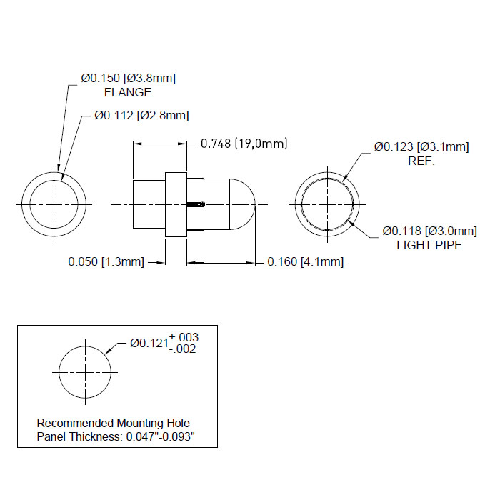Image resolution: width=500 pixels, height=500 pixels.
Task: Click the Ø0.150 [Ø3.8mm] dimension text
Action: point(128,78)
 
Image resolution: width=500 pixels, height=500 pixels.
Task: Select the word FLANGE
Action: point(128,92)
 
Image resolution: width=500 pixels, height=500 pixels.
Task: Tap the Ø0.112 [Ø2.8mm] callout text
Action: point(141,115)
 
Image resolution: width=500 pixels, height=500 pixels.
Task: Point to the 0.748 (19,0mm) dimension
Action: point(244,144)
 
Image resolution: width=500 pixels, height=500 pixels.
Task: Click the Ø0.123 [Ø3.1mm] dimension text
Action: point(421,146)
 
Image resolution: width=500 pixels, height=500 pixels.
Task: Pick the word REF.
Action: point(421,161)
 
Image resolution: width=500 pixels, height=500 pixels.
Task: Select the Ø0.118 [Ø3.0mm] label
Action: point(429,231)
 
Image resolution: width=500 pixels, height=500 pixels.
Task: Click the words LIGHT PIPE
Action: point(429,245)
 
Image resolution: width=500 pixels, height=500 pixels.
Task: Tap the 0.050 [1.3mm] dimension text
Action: point(106,262)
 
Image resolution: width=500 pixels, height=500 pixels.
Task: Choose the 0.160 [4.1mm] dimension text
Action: point(306,262)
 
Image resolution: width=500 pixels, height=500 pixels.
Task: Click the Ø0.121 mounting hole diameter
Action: point(149,343)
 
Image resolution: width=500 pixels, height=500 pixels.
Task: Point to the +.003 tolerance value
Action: point(184,337)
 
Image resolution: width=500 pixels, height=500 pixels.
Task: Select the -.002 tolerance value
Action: point(182,349)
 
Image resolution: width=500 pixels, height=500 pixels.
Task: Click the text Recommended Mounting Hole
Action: point(113,423)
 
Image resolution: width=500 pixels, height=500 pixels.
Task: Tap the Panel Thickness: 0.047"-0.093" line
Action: point(116,436)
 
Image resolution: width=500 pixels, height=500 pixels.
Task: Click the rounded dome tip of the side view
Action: point(255,204)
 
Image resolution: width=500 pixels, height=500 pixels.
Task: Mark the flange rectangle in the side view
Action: point(176,205)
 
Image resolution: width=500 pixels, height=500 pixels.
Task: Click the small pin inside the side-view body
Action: point(196,204)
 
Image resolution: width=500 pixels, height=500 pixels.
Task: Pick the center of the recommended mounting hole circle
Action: point(85,372)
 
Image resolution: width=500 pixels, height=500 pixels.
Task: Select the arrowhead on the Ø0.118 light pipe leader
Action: point(352,223)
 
